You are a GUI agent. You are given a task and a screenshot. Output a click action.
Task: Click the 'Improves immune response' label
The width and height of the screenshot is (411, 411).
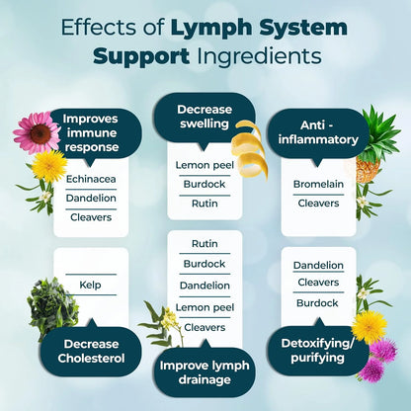pyautogui.click(x=91, y=132)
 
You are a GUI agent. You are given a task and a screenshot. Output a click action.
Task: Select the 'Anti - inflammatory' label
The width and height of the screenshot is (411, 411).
pyautogui.click(x=318, y=132)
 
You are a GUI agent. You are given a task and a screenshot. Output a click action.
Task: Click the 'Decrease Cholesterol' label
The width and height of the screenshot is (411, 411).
pyautogui.click(x=91, y=351)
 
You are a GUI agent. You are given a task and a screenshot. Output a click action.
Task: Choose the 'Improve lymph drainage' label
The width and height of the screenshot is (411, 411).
pyautogui.click(x=205, y=373)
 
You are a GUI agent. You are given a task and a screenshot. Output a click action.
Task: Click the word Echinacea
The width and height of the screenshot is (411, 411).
pyautogui.click(x=91, y=179)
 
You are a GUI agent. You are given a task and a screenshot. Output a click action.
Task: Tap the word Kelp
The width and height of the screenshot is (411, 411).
pyautogui.click(x=91, y=286)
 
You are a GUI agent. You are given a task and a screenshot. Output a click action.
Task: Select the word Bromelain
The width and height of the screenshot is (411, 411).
pyautogui.click(x=318, y=184)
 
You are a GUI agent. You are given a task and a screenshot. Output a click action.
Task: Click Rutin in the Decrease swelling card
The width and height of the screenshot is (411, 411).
pyautogui.click(x=205, y=203)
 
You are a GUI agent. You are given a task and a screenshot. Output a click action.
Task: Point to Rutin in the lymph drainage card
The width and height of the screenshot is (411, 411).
pyautogui.click(x=205, y=243)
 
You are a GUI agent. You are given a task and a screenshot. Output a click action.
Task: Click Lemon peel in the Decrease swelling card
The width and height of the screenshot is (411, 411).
pyautogui.click(x=205, y=164)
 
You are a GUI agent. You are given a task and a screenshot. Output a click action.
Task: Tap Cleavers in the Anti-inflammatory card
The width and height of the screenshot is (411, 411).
pyautogui.click(x=318, y=204)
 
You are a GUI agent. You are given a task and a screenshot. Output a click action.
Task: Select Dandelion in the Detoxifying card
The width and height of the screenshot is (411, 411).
pyautogui.click(x=318, y=265)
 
